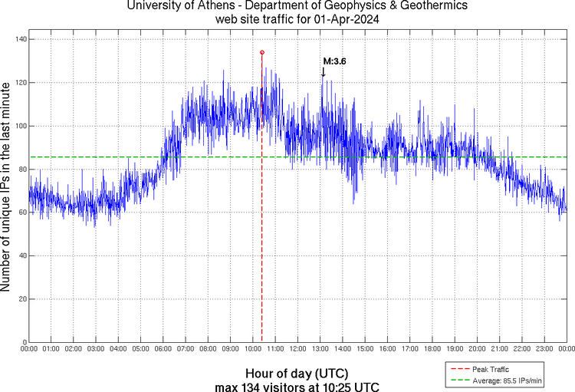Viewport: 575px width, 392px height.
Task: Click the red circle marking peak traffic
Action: click(262, 52)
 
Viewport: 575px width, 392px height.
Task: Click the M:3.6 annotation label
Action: click(334, 61)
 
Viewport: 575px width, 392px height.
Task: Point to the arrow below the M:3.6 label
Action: click(324, 72)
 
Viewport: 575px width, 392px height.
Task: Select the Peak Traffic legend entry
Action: click(491, 369)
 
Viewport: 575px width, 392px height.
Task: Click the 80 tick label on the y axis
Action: click(21, 169)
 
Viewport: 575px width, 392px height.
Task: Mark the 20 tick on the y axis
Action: click(21, 298)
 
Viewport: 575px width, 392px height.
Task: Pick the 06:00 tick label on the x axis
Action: click(163, 350)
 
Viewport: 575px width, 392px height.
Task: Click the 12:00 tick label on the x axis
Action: click(298, 350)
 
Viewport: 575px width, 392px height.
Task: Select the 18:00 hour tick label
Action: click(432, 350)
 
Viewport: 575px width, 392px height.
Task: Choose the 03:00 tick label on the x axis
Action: click(96, 350)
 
